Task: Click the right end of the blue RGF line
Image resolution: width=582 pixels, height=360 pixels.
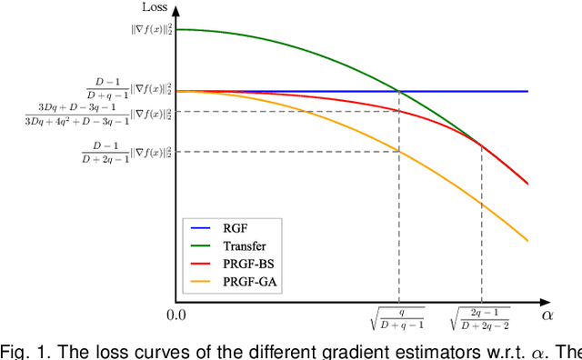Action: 527,91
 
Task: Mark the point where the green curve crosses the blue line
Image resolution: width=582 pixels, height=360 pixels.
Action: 398,91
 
